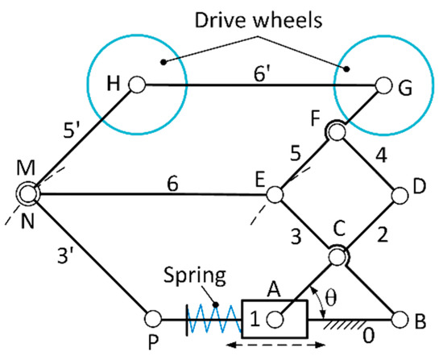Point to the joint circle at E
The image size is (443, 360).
(275, 195)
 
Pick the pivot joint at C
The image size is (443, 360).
(337, 256)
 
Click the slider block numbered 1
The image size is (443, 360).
(274, 318)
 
